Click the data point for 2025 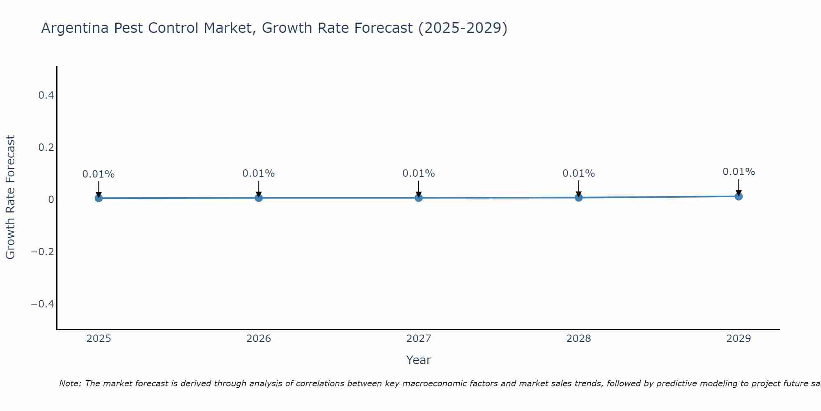99,198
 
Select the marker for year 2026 259,198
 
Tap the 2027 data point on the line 419,198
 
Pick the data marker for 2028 578,197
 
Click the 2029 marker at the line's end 738,196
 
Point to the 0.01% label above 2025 99,174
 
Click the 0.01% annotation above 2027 419,173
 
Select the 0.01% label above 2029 738,172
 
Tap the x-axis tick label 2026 259,339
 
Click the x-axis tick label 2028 578,339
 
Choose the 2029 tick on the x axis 738,339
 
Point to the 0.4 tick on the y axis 46,95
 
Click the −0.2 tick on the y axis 43,252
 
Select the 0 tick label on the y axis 51,200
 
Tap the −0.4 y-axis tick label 43,304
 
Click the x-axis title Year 418,360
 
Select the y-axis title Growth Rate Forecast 10,197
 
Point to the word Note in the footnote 70,383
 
